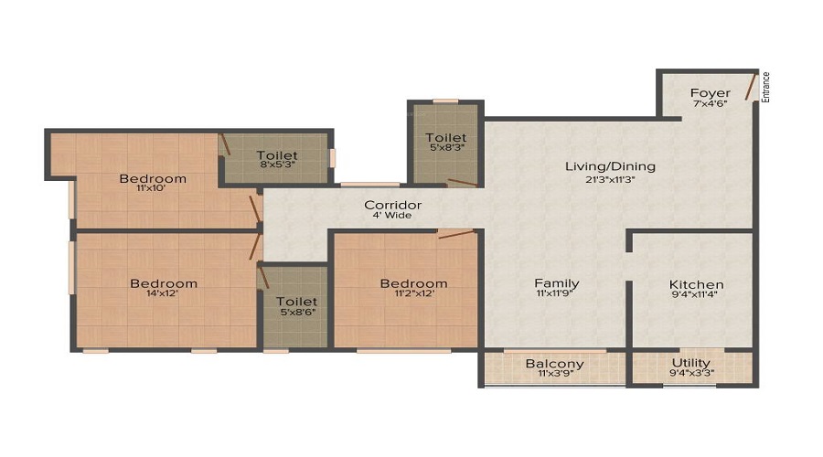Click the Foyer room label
(x=710, y=92)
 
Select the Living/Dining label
(x=610, y=166)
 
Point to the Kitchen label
(x=696, y=284)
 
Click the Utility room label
(x=692, y=363)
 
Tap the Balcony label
(x=554, y=364)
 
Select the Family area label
(x=557, y=283)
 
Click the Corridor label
(x=392, y=205)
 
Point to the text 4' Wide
(x=392, y=216)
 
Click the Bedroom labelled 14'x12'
(x=163, y=283)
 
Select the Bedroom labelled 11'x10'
(x=153, y=178)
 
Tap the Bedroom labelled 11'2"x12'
(x=413, y=283)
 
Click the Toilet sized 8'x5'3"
(x=277, y=154)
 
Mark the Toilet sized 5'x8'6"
(x=296, y=301)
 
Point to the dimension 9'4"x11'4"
(x=696, y=295)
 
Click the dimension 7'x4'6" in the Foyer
(x=710, y=103)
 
